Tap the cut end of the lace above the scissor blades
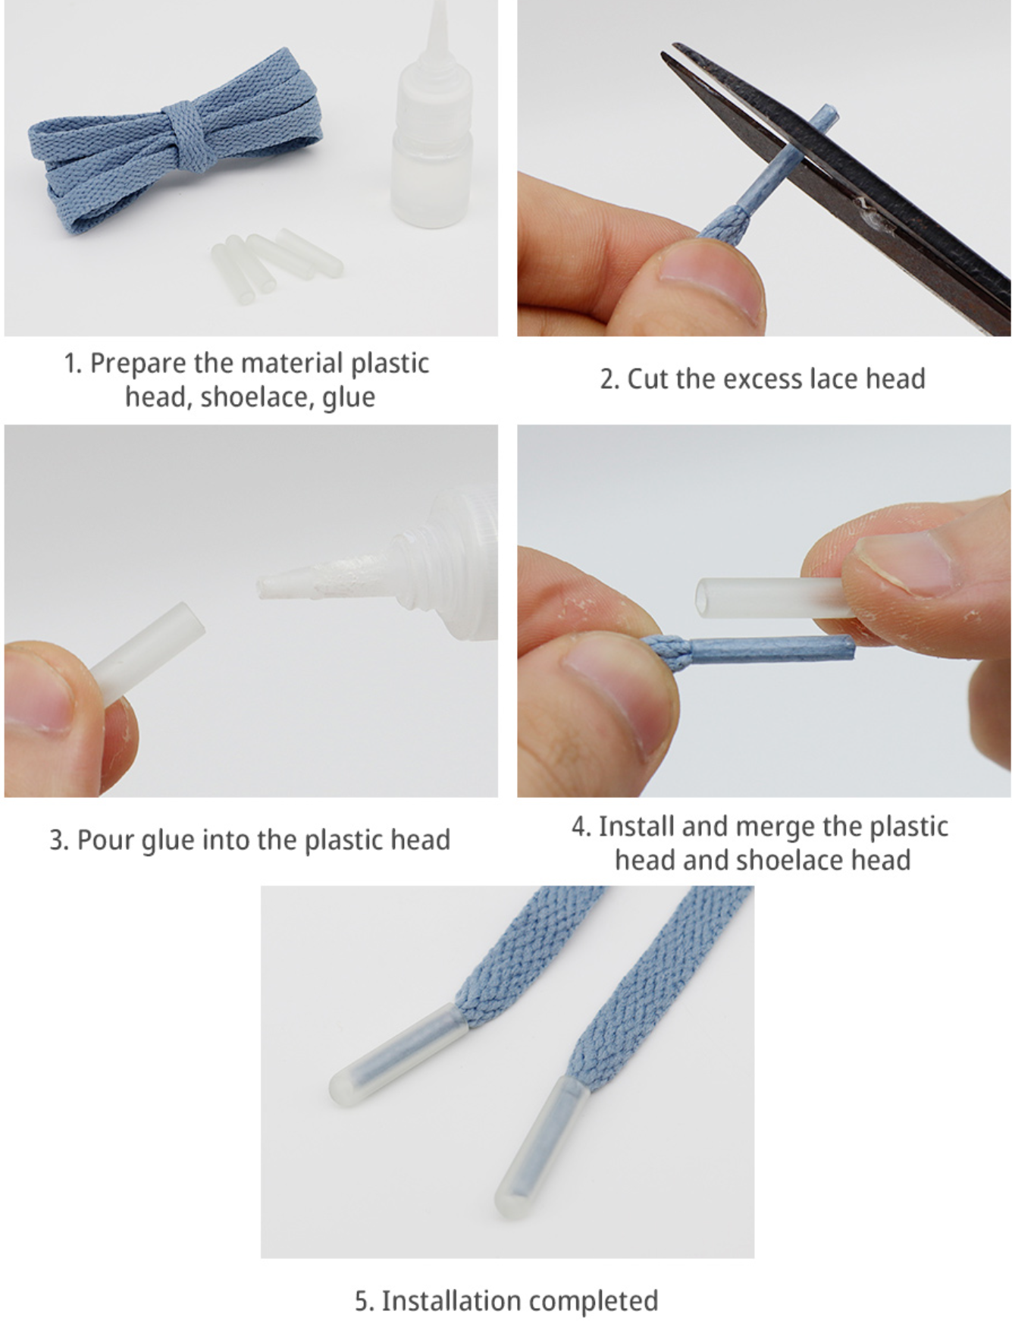click(827, 114)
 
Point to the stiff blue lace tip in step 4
click(772, 649)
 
